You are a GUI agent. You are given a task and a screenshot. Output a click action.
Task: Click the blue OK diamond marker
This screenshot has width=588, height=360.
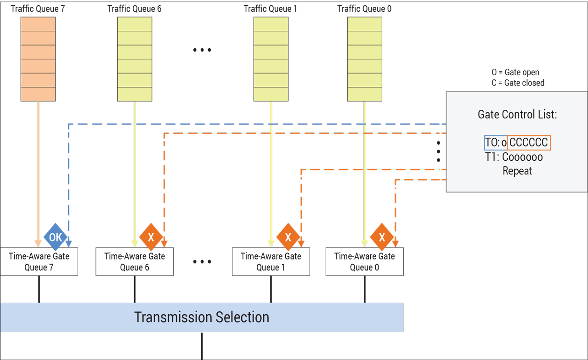pyautogui.click(x=55, y=237)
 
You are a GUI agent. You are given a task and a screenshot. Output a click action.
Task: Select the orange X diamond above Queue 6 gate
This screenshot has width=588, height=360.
pyautogui.click(x=151, y=237)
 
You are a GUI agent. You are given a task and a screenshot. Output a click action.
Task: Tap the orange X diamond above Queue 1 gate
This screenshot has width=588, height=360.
pyautogui.click(x=288, y=237)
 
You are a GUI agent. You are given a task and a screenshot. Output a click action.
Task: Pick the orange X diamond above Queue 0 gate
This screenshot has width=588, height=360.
pyautogui.click(x=381, y=237)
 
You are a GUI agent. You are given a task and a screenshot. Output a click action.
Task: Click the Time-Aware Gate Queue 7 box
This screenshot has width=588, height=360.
pyautogui.click(x=39, y=262)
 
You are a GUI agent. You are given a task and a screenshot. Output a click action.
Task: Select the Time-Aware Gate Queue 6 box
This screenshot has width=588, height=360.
pyautogui.click(x=135, y=262)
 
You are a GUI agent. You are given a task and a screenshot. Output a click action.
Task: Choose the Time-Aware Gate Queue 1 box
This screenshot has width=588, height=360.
pyautogui.click(x=271, y=262)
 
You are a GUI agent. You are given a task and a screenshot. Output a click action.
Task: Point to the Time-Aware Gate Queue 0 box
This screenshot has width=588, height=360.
pyautogui.click(x=365, y=262)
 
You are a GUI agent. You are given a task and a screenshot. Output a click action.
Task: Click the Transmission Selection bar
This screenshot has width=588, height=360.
pyautogui.click(x=202, y=317)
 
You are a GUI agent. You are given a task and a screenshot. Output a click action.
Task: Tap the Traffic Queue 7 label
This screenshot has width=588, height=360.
pyautogui.click(x=38, y=9)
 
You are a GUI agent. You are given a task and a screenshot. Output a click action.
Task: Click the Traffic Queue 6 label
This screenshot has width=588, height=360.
pyautogui.click(x=134, y=9)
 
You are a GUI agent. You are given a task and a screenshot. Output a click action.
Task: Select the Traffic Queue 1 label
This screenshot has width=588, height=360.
pyautogui.click(x=271, y=9)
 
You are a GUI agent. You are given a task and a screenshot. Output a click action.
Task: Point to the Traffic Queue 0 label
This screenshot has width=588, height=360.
pyautogui.click(x=364, y=9)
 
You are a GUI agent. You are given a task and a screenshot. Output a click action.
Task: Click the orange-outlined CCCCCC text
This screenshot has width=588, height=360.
pyautogui.click(x=529, y=143)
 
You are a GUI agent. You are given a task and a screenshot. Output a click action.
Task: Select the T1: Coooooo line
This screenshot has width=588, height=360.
pyautogui.click(x=514, y=157)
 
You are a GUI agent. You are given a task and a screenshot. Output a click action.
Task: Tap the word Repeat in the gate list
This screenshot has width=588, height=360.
pyautogui.click(x=517, y=171)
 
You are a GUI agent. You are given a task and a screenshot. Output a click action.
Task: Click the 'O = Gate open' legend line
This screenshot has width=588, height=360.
pyautogui.click(x=515, y=73)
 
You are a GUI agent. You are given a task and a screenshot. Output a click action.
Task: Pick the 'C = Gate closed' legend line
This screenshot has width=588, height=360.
pyautogui.click(x=518, y=83)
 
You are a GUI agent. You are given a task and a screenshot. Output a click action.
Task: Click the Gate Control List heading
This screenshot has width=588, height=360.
pyautogui.click(x=517, y=115)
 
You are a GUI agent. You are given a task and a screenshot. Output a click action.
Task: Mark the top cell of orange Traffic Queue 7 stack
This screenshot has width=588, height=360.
pyautogui.click(x=38, y=24)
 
